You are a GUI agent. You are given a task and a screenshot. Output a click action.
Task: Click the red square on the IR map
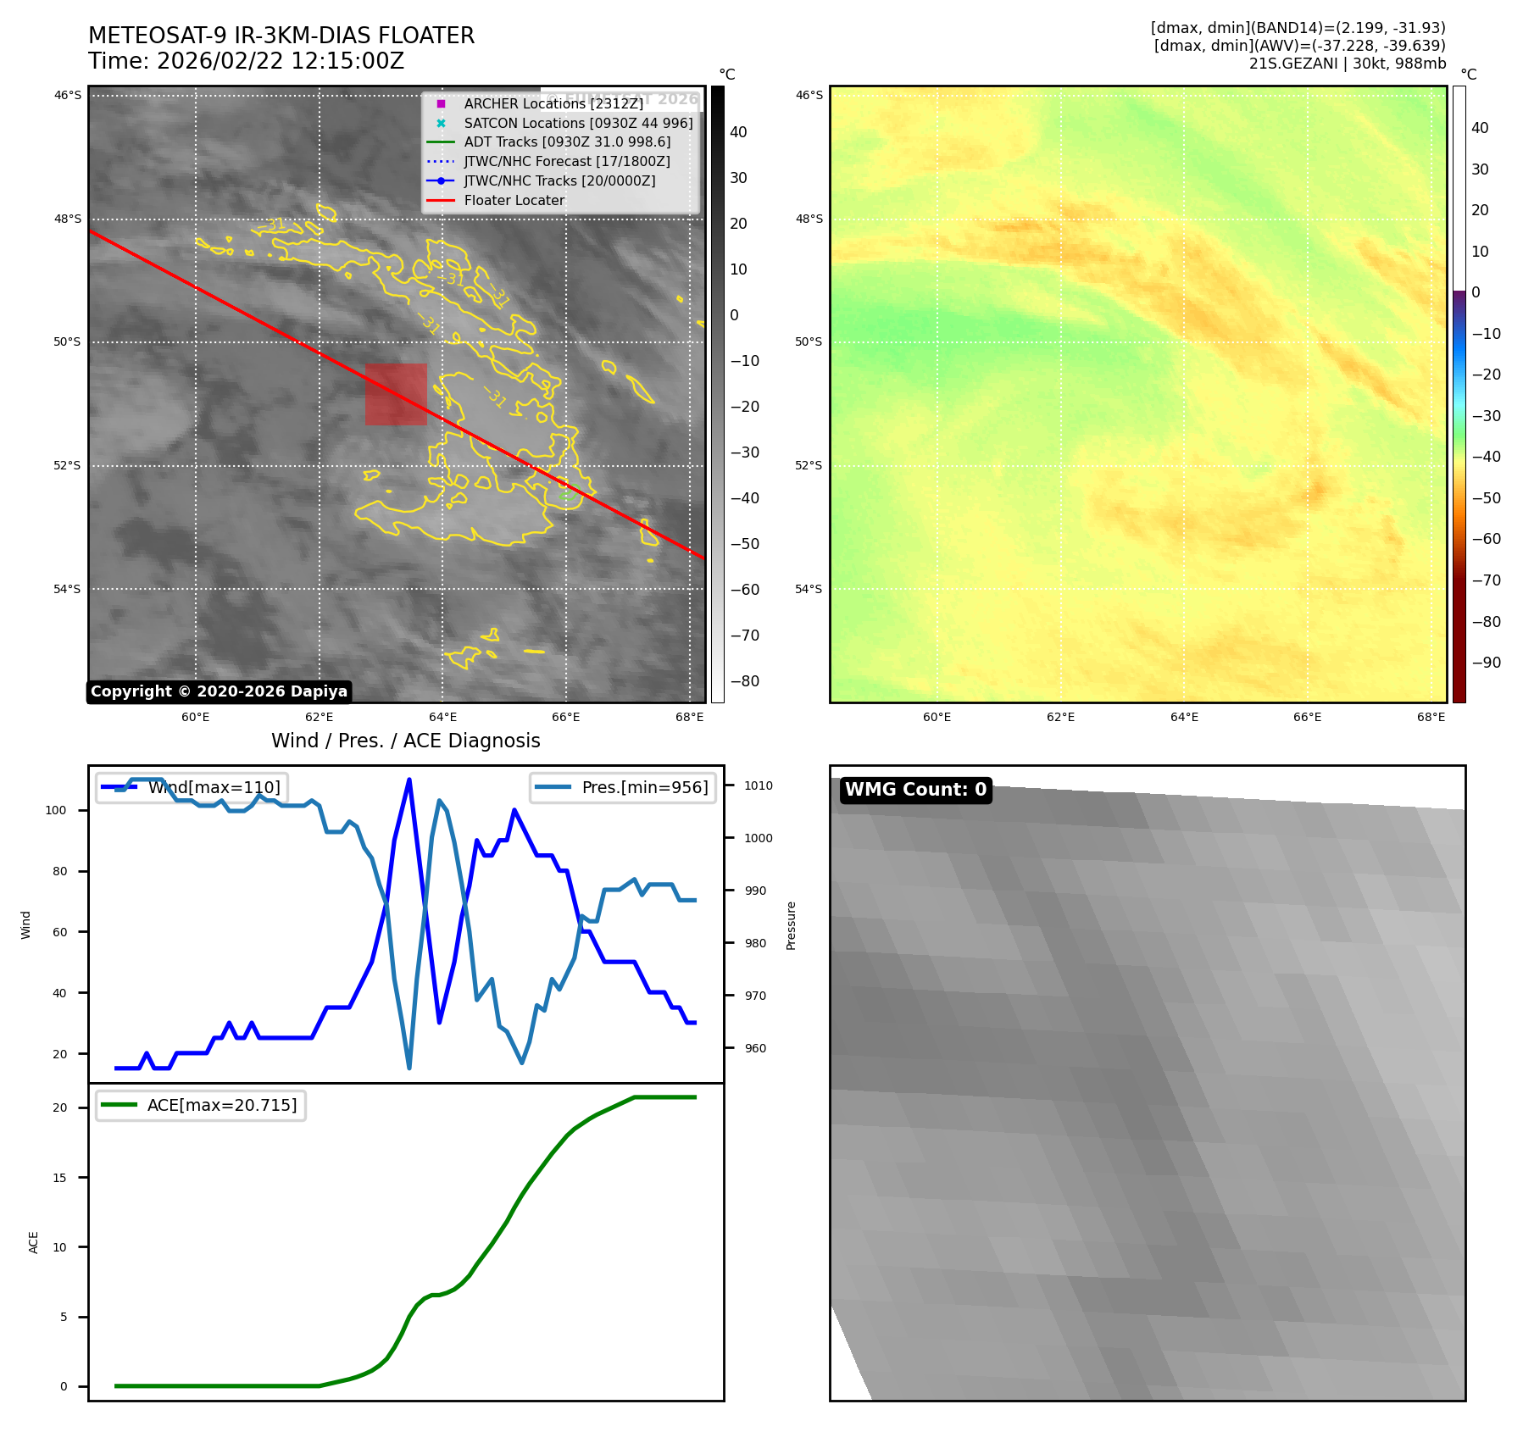pos(396,394)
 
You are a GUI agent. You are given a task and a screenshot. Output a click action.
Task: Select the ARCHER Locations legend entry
pos(553,103)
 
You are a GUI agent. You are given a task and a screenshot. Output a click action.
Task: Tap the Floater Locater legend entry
pos(514,200)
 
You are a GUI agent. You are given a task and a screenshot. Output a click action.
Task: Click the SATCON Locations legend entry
pos(578,123)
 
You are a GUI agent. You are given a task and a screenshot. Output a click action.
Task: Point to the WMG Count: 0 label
pos(915,790)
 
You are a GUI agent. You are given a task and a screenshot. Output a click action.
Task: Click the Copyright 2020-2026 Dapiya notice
pos(219,691)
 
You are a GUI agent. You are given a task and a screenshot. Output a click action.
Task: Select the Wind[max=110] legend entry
pos(214,787)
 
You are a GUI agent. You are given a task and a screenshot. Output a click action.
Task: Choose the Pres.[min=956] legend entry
pos(644,787)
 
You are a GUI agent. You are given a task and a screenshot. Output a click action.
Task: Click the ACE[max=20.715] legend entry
pos(222,1105)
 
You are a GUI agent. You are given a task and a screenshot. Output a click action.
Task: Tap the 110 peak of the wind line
pos(409,780)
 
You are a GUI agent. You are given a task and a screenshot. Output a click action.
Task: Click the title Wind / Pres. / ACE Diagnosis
pos(405,741)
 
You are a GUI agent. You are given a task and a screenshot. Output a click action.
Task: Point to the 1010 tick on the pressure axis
pos(758,785)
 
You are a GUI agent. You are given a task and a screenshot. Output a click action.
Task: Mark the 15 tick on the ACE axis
pos(59,1178)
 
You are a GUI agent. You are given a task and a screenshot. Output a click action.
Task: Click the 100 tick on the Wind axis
pos(56,810)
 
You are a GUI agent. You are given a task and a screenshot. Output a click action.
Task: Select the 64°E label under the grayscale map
pos(442,717)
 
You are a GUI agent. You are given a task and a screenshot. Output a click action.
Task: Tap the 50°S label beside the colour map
pos(809,342)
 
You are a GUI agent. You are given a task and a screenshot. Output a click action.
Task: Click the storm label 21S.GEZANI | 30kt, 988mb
pos(1347,64)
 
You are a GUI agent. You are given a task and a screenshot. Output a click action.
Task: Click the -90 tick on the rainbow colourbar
pos(1486,663)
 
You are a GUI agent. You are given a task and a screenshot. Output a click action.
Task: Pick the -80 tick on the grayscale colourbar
pos(744,681)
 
